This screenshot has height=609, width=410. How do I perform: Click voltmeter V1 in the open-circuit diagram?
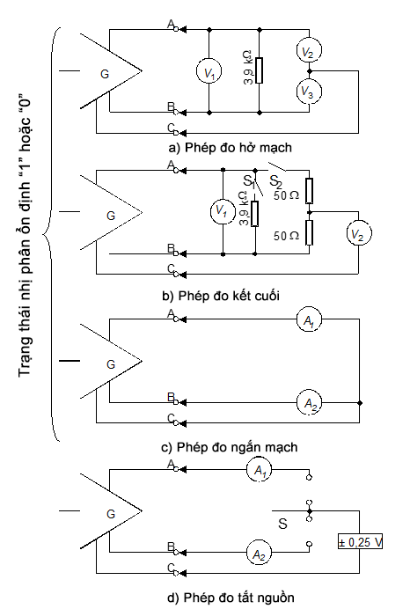point(209,71)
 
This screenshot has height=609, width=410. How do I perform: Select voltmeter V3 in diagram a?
point(310,92)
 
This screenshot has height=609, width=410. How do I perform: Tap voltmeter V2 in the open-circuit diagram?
point(310,50)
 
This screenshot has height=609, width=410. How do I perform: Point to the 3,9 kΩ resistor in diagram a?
point(259,70)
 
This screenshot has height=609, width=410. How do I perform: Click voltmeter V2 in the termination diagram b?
point(359,233)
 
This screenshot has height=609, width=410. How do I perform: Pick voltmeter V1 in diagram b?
point(223,212)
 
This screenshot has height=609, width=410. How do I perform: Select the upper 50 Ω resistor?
point(309,191)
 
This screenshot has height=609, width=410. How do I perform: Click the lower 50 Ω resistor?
point(309,232)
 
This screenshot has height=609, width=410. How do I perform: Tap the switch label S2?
point(275,181)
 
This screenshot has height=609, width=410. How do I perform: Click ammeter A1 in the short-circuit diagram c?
point(309,319)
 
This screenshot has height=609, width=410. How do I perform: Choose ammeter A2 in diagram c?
point(309,403)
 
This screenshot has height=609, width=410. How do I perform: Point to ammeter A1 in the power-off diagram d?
point(259,470)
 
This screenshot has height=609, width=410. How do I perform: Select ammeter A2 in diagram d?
point(259,553)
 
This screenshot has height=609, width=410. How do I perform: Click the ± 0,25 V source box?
point(360,541)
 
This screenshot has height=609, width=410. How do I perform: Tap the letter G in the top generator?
point(105,74)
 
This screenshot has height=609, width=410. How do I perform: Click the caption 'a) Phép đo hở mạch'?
point(231,148)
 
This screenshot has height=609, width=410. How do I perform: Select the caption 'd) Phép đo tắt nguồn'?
point(231,597)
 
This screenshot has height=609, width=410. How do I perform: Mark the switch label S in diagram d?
point(282,524)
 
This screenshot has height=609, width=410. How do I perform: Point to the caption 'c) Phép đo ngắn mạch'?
point(230,447)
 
